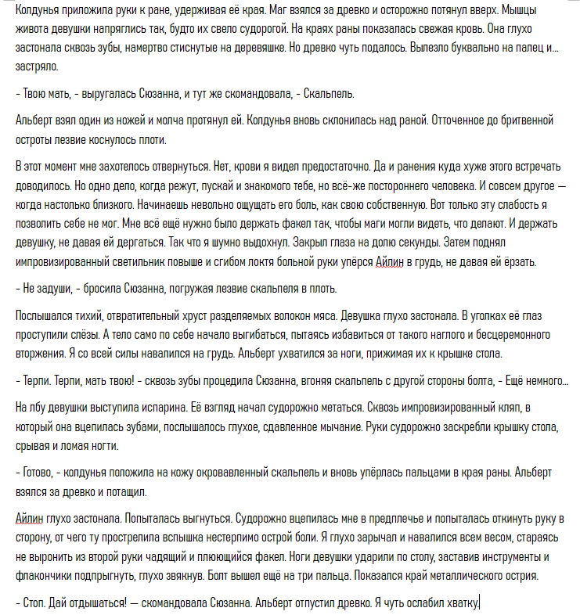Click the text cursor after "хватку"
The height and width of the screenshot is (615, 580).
click(479, 603)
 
